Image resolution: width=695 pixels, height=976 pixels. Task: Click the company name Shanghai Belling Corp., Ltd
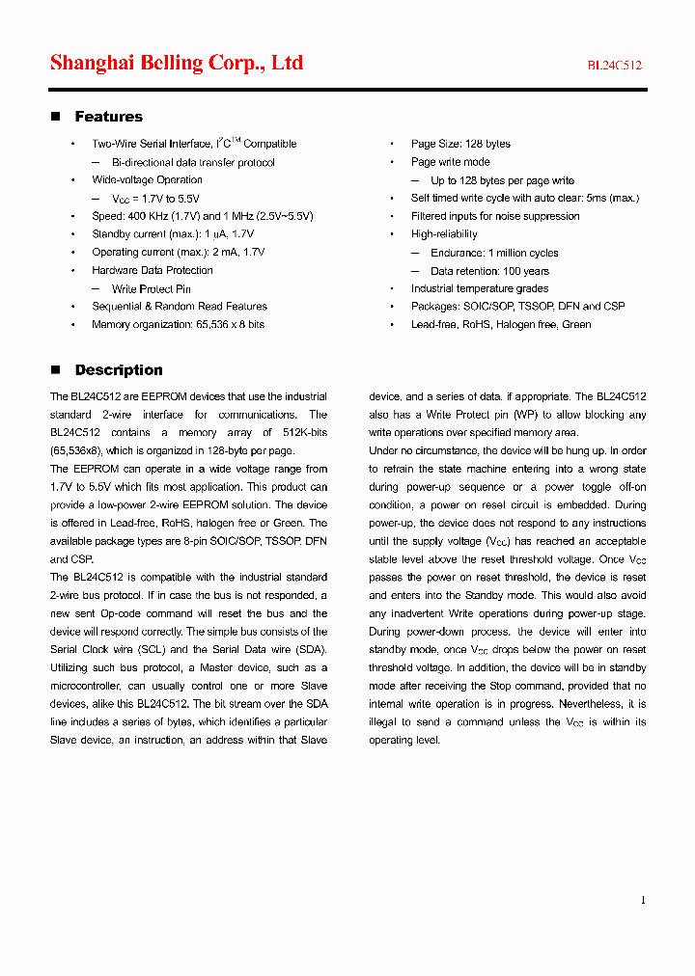click(x=177, y=64)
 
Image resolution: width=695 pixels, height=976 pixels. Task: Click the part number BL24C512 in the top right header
click(x=615, y=66)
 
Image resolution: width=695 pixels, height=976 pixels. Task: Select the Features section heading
click(x=108, y=117)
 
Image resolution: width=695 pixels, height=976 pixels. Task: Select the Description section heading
click(x=119, y=370)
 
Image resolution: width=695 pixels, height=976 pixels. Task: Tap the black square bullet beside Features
click(x=55, y=117)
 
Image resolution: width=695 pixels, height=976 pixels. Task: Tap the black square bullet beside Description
click(x=55, y=370)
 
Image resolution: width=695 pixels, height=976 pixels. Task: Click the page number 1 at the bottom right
click(x=643, y=900)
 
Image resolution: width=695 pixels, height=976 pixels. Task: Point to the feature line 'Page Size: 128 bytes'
click(x=460, y=144)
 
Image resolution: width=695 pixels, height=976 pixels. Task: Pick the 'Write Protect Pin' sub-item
click(x=151, y=288)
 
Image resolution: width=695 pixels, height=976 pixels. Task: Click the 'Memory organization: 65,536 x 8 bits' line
click(x=178, y=325)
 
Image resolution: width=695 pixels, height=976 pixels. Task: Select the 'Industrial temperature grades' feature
click(x=479, y=288)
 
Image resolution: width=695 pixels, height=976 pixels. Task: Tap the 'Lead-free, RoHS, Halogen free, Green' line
click(x=501, y=325)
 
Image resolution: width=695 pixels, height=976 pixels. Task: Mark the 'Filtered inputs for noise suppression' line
click(x=495, y=216)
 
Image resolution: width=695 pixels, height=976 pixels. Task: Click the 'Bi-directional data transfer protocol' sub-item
click(x=193, y=162)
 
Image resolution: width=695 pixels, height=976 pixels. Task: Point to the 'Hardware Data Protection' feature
click(x=153, y=271)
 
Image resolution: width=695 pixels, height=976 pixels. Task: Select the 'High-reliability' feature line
click(x=444, y=234)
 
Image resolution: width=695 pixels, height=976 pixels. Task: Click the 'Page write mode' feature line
click(x=450, y=162)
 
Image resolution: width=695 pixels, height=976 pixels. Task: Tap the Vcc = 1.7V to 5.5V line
click(x=158, y=199)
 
